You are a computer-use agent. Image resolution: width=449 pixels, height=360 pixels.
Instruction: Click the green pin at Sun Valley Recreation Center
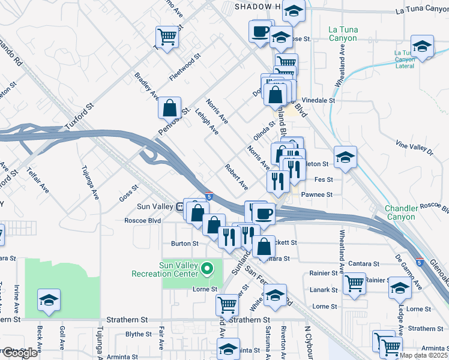pyautogui.click(x=208, y=268)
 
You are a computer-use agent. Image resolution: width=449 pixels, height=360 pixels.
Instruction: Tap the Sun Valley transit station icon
pyautogui.click(x=179, y=207)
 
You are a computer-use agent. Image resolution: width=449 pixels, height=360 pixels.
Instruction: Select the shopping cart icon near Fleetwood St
pyautogui.click(x=167, y=37)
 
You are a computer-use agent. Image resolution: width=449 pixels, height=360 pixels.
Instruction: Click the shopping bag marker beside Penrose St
pyautogui.click(x=170, y=108)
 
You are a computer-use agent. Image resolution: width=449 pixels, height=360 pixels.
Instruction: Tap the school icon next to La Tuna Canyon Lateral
pyautogui.click(x=422, y=46)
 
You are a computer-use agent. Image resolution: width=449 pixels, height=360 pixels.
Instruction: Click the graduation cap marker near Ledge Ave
pyautogui.click(x=400, y=287)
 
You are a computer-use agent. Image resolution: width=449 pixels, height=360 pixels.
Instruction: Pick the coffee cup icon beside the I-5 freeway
pyautogui.click(x=262, y=212)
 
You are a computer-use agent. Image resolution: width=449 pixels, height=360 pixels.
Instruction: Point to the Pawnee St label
pyautogui.click(x=316, y=195)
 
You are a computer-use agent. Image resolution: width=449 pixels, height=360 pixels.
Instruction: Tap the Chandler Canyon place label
pyautogui.click(x=400, y=212)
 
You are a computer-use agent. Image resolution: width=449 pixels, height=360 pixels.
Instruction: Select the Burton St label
pyautogui.click(x=185, y=244)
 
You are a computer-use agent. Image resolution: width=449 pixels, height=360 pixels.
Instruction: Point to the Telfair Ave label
pyautogui.click(x=37, y=180)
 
